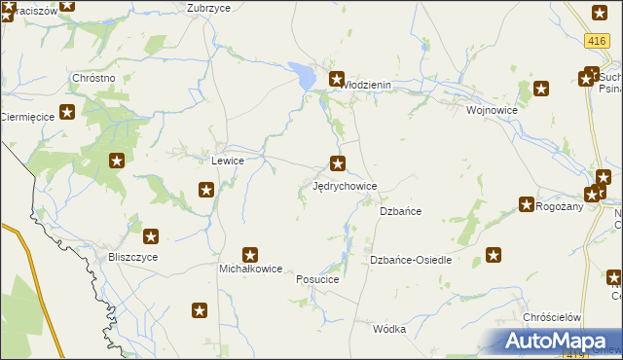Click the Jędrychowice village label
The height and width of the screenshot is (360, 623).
(344, 185)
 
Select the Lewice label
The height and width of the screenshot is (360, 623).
(228, 160)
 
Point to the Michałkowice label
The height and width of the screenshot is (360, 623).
(250, 269)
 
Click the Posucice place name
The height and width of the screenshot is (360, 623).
(316, 279)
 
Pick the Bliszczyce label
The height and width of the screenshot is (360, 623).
(133, 257)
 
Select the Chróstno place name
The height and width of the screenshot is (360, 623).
(94, 77)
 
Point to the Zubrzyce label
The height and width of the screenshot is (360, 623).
(208, 7)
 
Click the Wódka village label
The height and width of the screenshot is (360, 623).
(389, 329)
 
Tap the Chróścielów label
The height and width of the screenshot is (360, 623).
(552, 317)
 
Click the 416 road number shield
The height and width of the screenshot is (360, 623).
(598, 40)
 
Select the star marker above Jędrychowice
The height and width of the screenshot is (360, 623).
(338, 162)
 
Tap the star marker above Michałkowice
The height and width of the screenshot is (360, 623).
(250, 254)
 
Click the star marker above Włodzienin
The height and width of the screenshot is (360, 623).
(337, 79)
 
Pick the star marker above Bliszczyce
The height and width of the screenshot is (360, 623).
(151, 235)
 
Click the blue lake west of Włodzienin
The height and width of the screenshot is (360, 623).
(303, 74)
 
